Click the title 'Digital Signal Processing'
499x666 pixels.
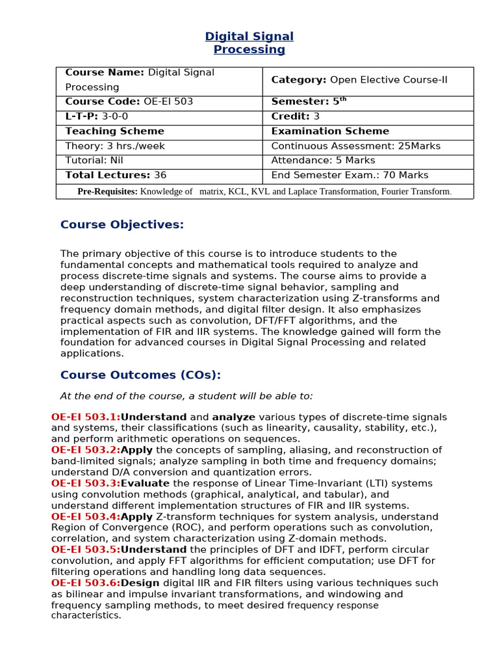pos(249,43)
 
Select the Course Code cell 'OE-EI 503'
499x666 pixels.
pos(129,102)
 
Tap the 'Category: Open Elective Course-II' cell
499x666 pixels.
pos(359,80)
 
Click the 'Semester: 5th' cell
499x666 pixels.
pos(309,102)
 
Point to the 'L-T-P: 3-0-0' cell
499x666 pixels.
pos(97,116)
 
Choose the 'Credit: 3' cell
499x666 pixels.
pos(296,116)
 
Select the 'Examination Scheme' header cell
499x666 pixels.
pos(330,131)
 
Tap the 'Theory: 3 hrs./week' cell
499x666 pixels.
pos(115,146)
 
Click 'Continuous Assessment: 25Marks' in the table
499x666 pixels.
pos(355,146)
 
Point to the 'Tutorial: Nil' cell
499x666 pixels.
pos(94,161)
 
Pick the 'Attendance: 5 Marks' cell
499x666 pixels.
pos(323,161)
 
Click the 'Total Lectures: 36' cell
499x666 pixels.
pos(116,175)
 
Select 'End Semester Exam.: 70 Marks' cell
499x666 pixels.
pos(350,175)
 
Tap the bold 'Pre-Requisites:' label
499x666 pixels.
pos(107,192)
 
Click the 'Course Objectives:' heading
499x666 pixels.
pos(122,225)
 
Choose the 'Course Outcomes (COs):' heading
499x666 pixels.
pos(140,375)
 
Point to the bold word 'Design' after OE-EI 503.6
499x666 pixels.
pos(140,583)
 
